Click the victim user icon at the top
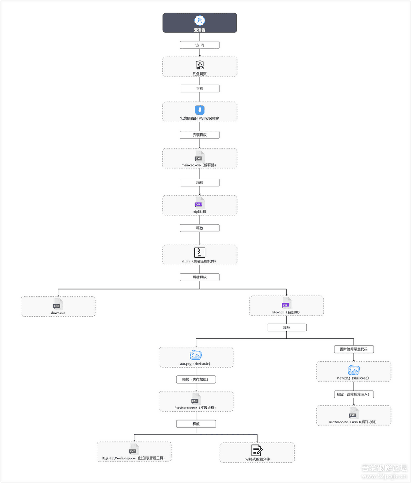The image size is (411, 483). tap(200, 21)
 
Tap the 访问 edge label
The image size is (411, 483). tap(200, 45)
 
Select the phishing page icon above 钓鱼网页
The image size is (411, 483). tap(200, 65)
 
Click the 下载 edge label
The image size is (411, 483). tap(200, 88)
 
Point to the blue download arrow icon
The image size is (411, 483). tap(200, 110)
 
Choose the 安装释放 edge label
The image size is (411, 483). tap(200, 135)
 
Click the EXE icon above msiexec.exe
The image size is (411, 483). tap(199, 156)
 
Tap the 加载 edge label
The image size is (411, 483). tap(200, 182)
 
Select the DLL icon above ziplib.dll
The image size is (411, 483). tap(199, 203)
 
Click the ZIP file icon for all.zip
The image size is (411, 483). tap(200, 252)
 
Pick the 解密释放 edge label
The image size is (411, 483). tap(200, 277)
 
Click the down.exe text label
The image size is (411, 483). tap(58, 313)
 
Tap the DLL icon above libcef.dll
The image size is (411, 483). tap(286, 303)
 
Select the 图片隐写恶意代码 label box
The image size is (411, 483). tap(353, 350)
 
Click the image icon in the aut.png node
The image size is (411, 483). tap(196, 356)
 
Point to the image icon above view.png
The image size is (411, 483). tap(353, 370)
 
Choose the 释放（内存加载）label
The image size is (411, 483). tap(196, 379)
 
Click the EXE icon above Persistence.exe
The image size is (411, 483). tap(196, 399)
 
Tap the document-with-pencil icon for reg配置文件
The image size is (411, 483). tap(257, 450)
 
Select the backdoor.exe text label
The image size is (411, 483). tap(353, 422)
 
